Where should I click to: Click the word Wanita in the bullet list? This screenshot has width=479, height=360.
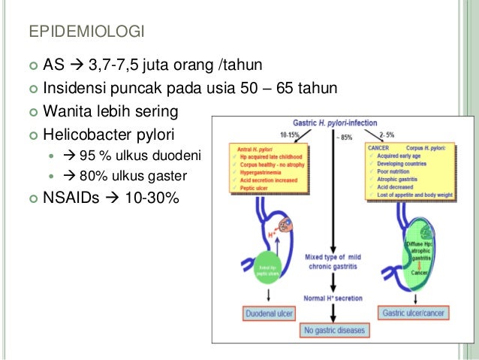point(68,113)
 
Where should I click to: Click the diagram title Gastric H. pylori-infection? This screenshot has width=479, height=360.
point(337,123)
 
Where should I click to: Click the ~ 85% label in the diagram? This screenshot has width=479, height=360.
point(343,137)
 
